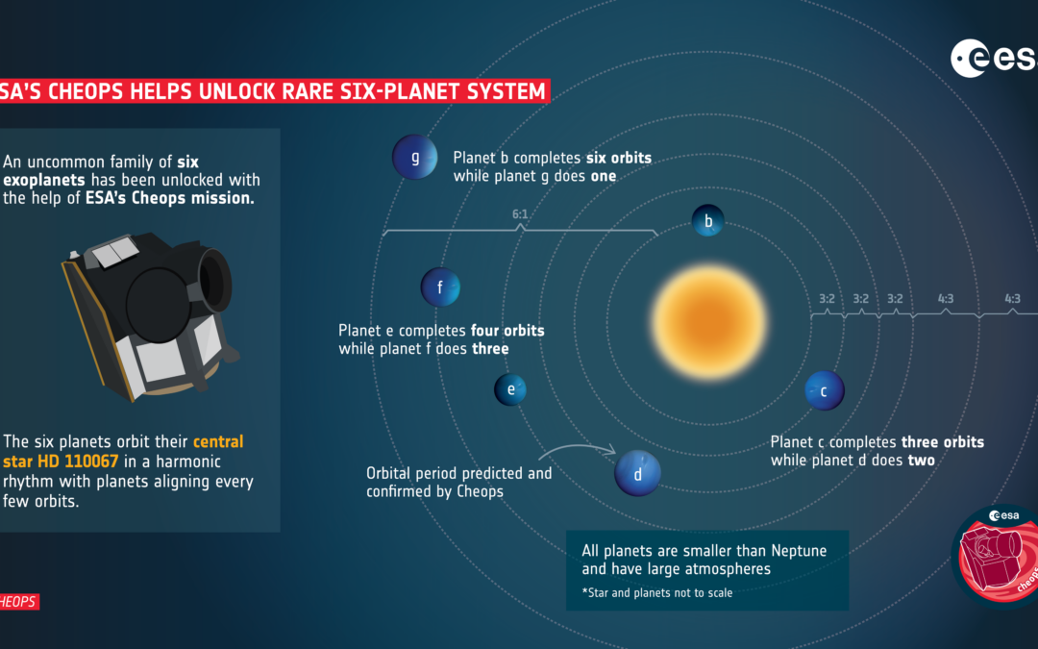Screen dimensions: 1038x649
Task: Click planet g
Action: tap(415, 158)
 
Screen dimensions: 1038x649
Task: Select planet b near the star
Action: tap(707, 220)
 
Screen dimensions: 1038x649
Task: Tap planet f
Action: tap(440, 287)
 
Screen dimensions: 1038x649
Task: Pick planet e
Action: tap(510, 389)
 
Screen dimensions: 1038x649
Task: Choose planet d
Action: tap(637, 473)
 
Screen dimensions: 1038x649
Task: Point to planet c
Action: tap(825, 390)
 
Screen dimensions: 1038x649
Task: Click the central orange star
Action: tap(709, 322)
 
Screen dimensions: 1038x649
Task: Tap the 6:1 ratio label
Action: tap(520, 213)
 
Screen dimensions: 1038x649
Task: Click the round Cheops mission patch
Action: tap(996, 557)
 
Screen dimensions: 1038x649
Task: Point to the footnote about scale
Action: tap(656, 592)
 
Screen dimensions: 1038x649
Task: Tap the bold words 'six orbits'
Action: tap(619, 158)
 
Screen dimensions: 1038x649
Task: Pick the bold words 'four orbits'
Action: tap(507, 331)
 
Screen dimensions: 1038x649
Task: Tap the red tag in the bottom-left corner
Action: tap(19, 601)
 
